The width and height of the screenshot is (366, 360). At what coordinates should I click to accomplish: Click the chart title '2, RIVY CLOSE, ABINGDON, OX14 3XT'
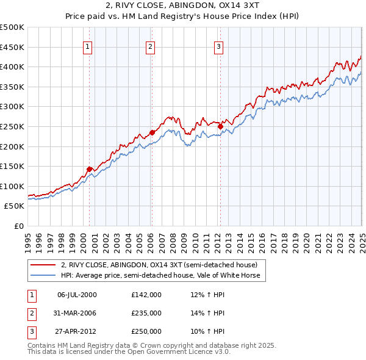point(183,7)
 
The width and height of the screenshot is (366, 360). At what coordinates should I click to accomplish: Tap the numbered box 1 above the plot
point(88,45)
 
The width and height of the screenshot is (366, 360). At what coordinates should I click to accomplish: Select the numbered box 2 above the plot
point(151,45)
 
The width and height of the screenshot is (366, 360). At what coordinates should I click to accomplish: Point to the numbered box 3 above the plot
point(218,45)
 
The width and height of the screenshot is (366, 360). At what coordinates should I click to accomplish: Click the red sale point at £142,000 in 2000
point(89,169)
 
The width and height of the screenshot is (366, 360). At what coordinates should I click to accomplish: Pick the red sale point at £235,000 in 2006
point(152,132)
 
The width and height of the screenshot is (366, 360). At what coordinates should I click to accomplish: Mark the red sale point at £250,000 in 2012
point(220,126)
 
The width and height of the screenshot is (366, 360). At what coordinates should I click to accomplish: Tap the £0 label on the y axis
point(18,226)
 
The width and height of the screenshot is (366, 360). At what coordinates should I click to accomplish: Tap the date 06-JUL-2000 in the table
point(76,294)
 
